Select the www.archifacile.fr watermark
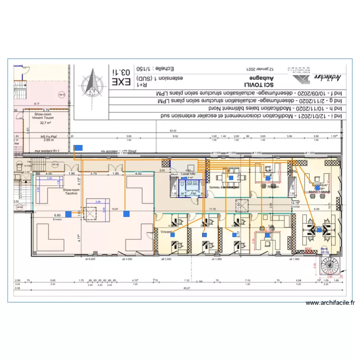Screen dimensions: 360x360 (331, 303)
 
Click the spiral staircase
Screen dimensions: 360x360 (331, 266)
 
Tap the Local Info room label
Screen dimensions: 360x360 (188, 173)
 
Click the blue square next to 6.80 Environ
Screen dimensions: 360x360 (68, 214)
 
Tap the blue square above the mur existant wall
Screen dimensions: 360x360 (78, 148)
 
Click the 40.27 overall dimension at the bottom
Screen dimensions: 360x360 (187, 288)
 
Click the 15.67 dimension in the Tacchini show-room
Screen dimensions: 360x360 (115, 209)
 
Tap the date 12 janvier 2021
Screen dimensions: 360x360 (259, 68)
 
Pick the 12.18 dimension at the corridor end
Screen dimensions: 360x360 (295, 202)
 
